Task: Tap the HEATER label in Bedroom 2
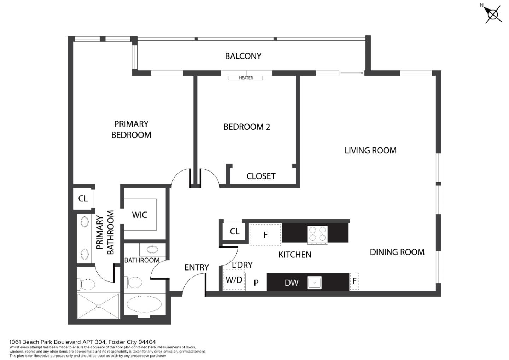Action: [246, 78]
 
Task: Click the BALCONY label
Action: [243, 56]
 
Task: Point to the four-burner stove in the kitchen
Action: [317, 234]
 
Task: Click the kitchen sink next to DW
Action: [314, 283]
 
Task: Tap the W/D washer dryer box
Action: [234, 280]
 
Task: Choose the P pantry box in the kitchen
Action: [256, 283]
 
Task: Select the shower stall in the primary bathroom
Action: [98, 306]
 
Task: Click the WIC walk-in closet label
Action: [139, 215]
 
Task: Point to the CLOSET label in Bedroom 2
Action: [261, 176]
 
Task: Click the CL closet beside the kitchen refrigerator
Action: [234, 232]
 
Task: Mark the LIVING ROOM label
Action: [370, 151]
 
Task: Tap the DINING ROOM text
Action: [397, 252]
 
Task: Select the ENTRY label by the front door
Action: [197, 267]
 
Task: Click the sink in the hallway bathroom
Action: [152, 250]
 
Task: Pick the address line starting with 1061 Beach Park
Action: [82, 342]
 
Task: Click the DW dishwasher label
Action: [292, 283]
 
